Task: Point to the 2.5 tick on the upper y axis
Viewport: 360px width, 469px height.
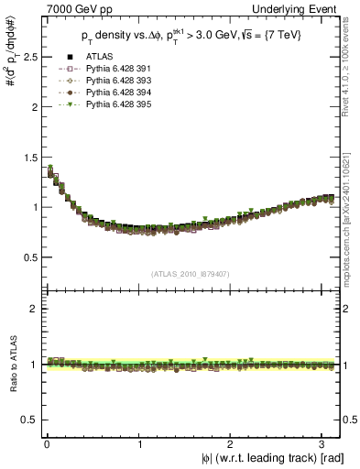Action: point(28,57)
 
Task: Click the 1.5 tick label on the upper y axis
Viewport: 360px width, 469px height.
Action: point(28,157)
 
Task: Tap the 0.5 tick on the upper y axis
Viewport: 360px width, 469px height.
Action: point(28,256)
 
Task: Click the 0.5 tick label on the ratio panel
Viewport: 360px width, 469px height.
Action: point(28,420)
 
